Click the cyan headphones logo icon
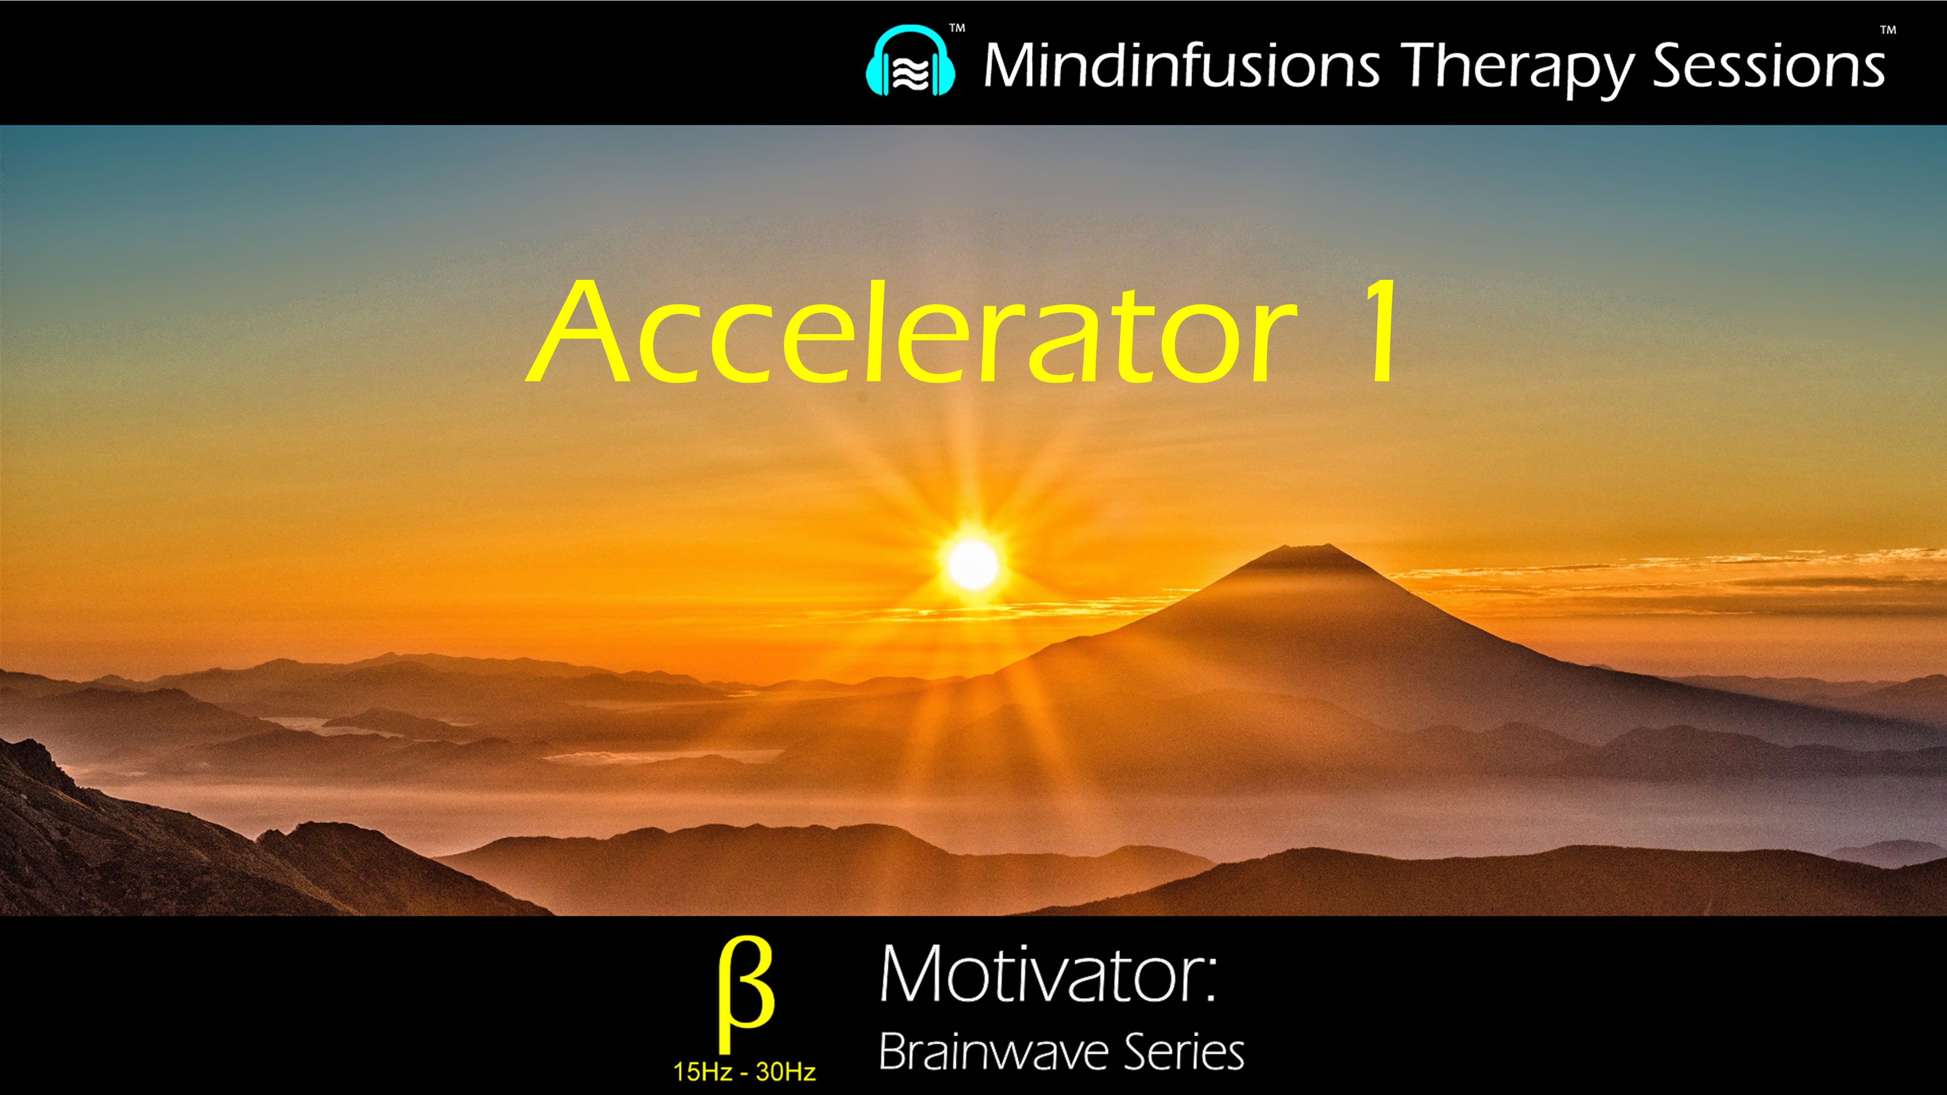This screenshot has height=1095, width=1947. coord(910,62)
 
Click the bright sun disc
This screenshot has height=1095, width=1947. coord(973,564)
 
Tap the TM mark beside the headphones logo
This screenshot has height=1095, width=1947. coord(957,29)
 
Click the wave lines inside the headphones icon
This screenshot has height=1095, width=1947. coord(910,74)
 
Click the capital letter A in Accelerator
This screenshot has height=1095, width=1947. coord(578,333)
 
